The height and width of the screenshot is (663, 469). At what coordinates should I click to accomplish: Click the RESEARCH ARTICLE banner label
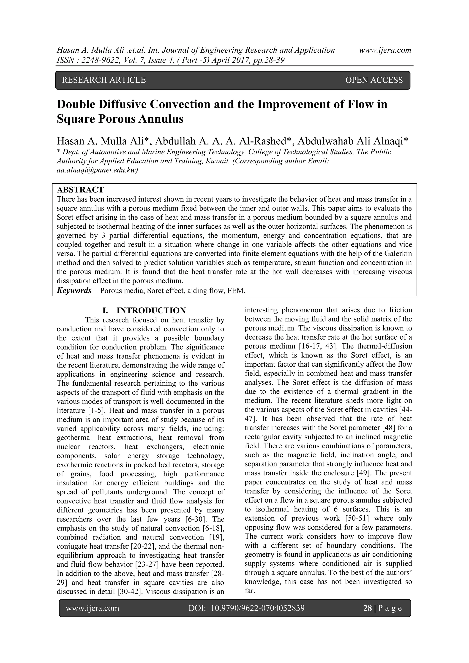pos(104,80)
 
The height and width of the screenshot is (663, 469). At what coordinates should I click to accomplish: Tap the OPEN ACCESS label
pos(374,80)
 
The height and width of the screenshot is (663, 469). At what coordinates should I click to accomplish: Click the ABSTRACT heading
pos(80,190)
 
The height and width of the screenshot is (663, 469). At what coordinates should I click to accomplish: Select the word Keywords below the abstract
pos(74,290)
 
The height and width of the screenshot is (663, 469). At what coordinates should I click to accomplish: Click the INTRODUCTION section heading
pos(151,310)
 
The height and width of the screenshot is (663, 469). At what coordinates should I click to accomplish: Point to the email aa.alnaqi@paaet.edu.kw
pos(97,170)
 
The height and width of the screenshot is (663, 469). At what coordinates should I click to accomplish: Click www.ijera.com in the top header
pos(385,50)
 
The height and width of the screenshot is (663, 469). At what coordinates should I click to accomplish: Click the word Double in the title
pos(76,104)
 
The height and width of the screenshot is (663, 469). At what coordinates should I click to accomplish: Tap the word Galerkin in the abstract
pos(397,254)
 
